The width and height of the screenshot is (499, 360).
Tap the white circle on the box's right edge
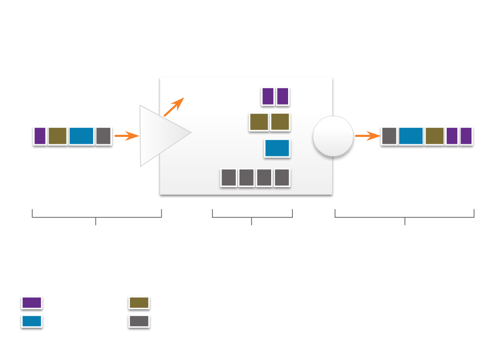333,136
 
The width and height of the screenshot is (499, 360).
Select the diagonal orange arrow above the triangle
174,106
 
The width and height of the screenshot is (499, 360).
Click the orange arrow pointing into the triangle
127,136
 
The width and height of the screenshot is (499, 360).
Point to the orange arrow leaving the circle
367,136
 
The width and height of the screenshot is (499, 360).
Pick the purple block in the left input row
40,136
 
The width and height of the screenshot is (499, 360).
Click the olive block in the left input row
58,136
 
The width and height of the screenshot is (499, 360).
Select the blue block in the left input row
81,136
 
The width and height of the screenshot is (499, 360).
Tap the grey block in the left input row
104,136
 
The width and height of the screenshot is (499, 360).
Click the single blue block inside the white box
277,149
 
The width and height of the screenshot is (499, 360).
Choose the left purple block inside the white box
268,97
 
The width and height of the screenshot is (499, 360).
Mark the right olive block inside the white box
280,122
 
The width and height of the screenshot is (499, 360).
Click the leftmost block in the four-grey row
228,178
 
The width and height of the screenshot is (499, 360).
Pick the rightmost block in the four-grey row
282,178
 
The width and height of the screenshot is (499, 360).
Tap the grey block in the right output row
389,136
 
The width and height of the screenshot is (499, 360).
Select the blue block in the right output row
411,136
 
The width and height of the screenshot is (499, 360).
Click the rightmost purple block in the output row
466,136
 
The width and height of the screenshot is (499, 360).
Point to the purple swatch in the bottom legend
32,303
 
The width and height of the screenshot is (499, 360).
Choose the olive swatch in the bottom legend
139,303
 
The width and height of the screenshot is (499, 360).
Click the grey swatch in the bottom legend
139,321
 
